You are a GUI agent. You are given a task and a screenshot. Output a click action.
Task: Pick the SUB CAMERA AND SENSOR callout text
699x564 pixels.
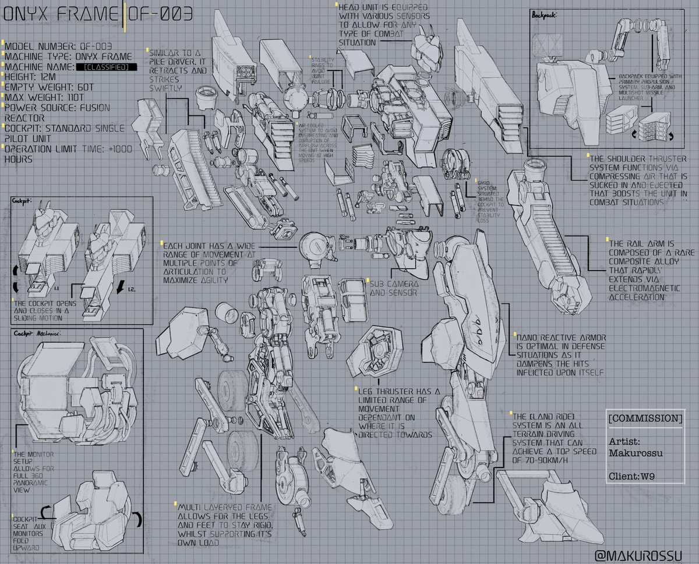393,288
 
